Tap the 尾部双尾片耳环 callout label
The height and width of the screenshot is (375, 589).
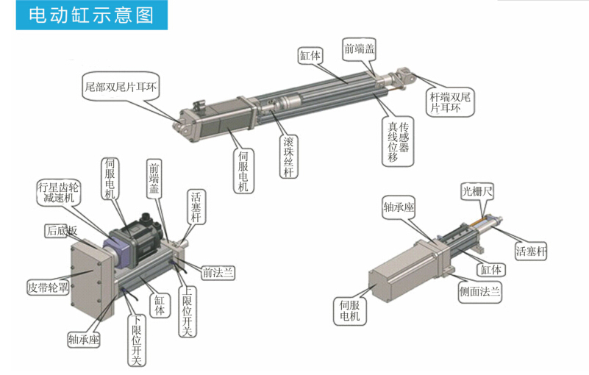click(122, 87)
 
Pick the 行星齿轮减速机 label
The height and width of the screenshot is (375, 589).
click(59, 193)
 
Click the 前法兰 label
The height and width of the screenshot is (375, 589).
click(218, 273)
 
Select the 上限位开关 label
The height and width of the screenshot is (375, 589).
click(187, 310)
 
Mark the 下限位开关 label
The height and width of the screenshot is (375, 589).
click(136, 339)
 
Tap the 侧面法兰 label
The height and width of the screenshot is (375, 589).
click(479, 292)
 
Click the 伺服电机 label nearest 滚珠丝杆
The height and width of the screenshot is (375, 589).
click(244, 170)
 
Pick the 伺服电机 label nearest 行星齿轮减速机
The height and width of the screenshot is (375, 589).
click(110, 179)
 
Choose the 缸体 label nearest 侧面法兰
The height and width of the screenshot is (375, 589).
click(492, 270)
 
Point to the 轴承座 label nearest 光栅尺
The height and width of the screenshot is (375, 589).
click(399, 207)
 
